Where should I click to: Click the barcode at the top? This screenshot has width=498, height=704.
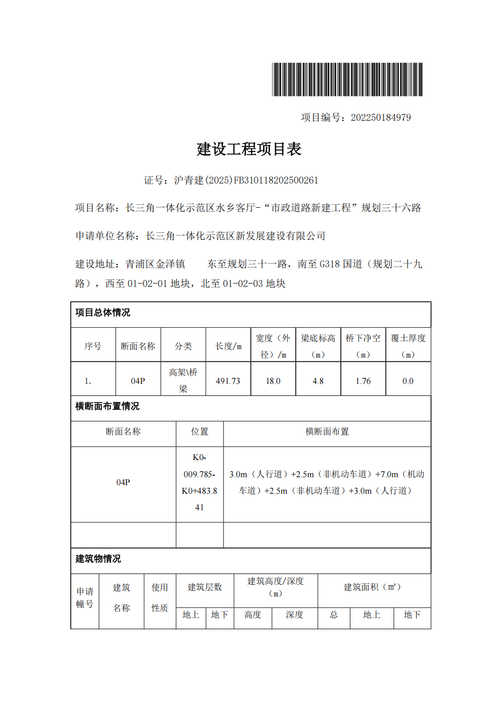tap(347, 79)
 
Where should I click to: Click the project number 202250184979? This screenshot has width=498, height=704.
tap(381, 117)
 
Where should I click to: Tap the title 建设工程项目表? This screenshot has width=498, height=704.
tap(249, 149)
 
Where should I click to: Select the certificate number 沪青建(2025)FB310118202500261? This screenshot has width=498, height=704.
tap(246, 180)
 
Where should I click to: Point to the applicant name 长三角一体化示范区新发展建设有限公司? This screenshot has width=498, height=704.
tap(235, 236)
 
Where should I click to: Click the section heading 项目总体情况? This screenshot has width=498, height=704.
tap(103, 313)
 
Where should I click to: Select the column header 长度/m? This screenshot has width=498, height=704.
tap(228, 346)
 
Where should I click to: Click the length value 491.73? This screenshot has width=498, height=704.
tap(228, 381)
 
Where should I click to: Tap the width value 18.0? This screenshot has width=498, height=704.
tap(273, 381)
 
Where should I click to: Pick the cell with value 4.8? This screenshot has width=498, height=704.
tap(318, 381)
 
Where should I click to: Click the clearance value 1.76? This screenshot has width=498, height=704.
tap(363, 381)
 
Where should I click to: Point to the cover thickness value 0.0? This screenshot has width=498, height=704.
tap(408, 381)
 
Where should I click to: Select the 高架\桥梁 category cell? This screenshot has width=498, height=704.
tap(183, 380)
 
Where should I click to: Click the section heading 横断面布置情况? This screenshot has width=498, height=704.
tap(107, 406)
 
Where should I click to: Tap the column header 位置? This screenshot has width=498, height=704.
tap(199, 432)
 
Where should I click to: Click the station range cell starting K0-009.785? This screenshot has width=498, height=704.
tap(199, 482)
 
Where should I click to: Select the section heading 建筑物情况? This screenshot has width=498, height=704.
tap(98, 558)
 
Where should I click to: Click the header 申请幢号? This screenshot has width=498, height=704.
tap(85, 598)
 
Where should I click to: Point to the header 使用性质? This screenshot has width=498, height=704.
tap(160, 598)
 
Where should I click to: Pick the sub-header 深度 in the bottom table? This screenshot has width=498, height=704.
tap(294, 615)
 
